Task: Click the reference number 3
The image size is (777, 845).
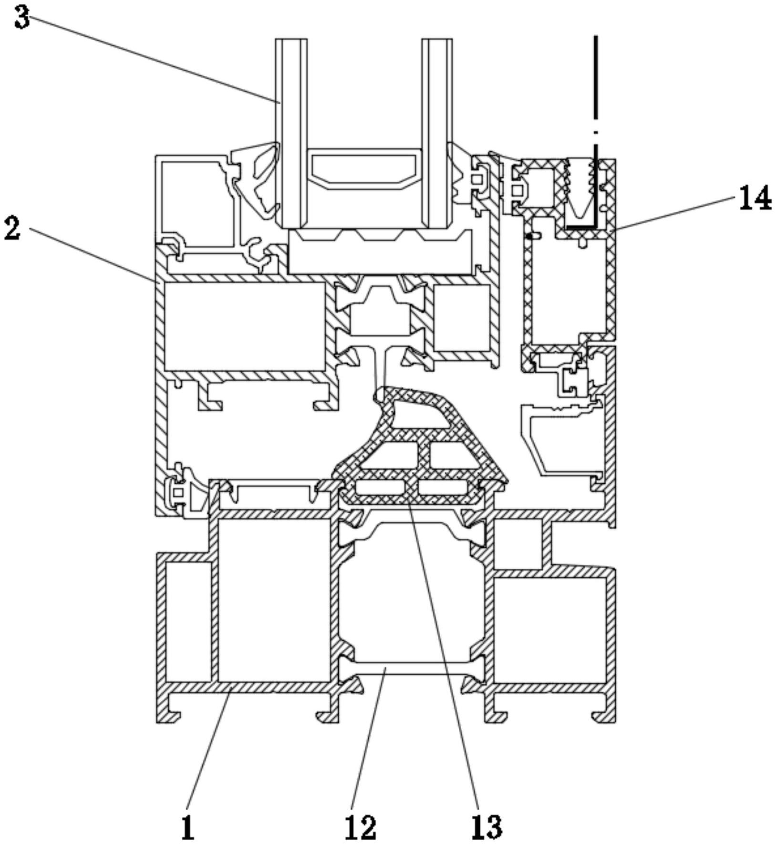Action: (x=22, y=18)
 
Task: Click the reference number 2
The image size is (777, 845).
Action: (x=13, y=228)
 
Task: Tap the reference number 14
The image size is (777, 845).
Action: (x=755, y=198)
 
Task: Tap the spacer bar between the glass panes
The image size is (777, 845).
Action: (x=364, y=169)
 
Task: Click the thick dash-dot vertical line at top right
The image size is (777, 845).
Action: (x=596, y=129)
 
